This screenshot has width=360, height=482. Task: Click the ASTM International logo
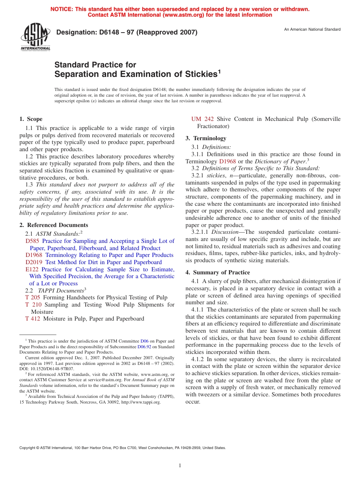click(x=35, y=37)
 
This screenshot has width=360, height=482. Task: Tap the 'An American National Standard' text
click(x=312, y=30)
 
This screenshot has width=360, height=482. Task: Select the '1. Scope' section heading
click(x=31, y=119)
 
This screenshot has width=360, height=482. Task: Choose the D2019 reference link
click(x=34, y=262)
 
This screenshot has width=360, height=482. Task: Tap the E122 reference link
click(x=32, y=269)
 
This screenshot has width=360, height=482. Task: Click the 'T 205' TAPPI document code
click(x=33, y=297)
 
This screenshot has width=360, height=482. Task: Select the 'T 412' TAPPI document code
click(x=33, y=319)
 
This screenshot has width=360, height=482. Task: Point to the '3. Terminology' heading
click(x=206, y=138)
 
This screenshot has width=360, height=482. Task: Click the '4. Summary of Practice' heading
click(x=218, y=272)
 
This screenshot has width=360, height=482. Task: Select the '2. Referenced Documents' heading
click(x=54, y=225)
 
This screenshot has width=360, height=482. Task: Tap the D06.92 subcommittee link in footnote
click(x=144, y=347)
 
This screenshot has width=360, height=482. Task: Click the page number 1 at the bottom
click(x=180, y=466)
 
